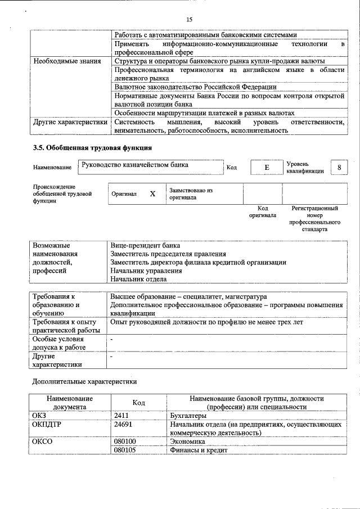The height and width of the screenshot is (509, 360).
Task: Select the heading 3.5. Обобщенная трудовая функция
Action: pos(92,147)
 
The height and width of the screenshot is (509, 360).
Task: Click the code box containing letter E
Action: pos(267,168)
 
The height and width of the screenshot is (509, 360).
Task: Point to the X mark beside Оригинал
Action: pos(152,193)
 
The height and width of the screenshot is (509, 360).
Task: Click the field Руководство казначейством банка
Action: pos(135,165)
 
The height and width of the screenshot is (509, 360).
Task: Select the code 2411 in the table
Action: pos(121,416)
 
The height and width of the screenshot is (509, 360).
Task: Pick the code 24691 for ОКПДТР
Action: pos(124,425)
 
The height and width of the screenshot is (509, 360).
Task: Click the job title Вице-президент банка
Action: pos(145,246)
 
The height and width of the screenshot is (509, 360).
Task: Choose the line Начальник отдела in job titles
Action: pos(138,278)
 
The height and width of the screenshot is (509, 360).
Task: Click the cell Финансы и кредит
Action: pos(198,451)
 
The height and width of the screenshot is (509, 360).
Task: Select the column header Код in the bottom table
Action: pos(138,403)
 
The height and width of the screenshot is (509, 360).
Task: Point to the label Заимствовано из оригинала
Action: pos(190,194)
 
